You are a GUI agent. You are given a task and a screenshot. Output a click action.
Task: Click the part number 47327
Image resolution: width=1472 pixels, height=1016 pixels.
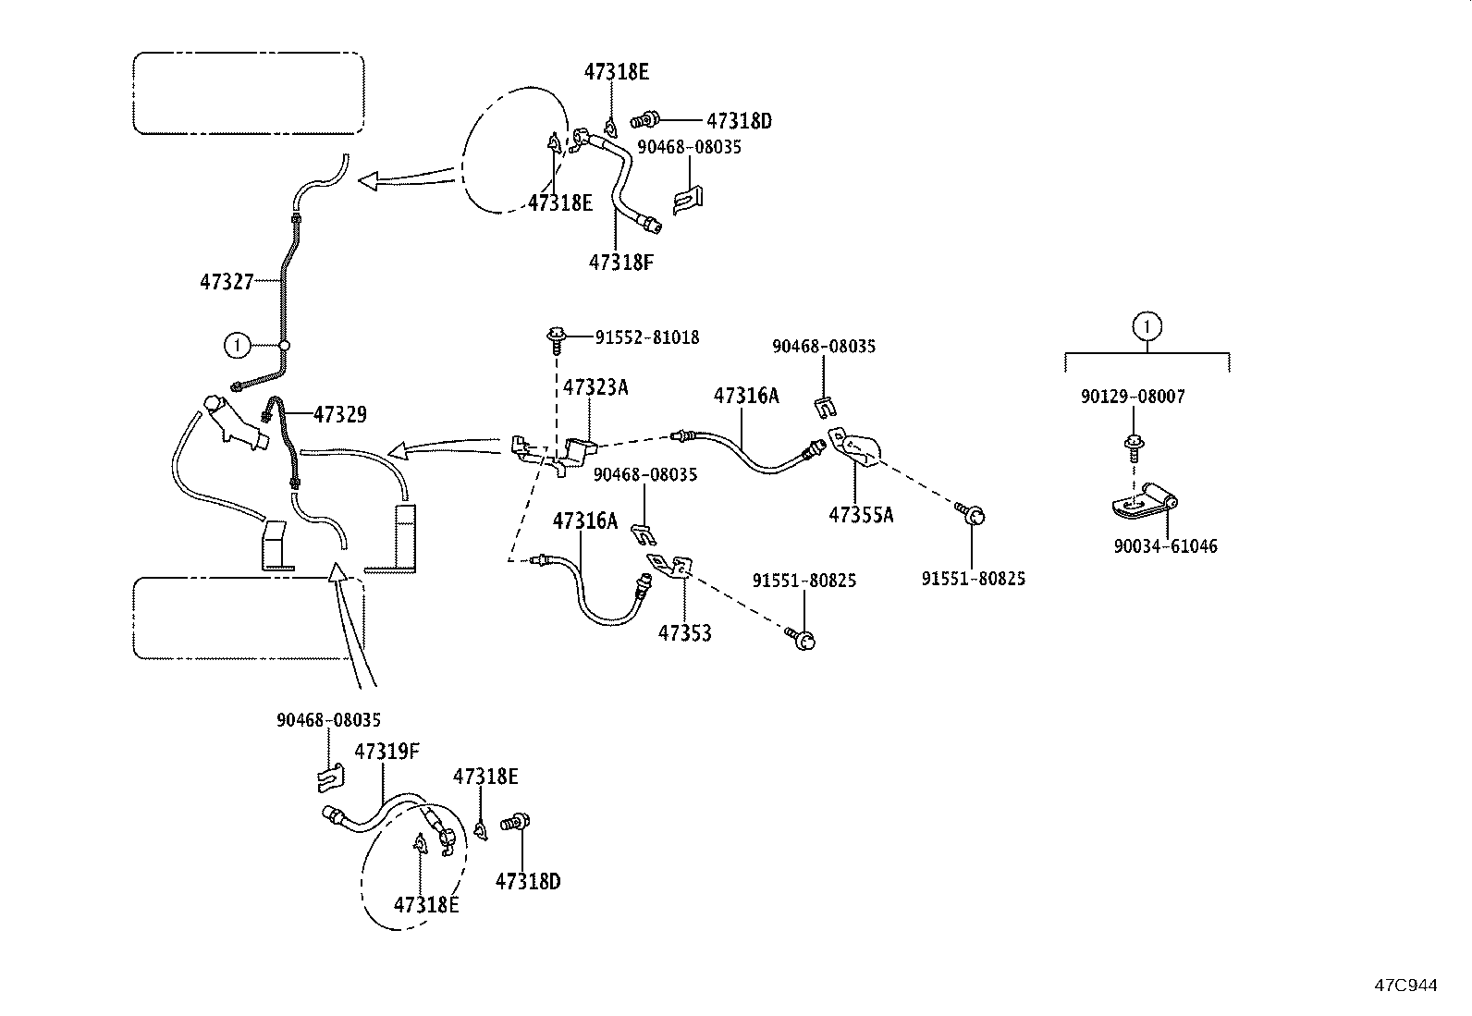pyautogui.click(x=227, y=282)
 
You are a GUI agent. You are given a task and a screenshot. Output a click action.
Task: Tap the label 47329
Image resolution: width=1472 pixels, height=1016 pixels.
pyautogui.click(x=339, y=415)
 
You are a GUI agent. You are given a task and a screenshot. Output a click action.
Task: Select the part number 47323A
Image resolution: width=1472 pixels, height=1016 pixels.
pyautogui.click(x=595, y=387)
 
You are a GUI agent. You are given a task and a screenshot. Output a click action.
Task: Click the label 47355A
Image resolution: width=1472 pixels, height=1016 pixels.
pyautogui.click(x=861, y=515)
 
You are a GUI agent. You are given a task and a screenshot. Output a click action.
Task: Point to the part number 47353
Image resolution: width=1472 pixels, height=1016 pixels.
pyautogui.click(x=684, y=633)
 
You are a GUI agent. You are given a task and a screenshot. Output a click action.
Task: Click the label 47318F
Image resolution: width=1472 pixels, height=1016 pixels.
pyautogui.click(x=620, y=262)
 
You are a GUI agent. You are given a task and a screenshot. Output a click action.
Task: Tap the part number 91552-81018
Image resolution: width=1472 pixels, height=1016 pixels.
pyautogui.click(x=646, y=337)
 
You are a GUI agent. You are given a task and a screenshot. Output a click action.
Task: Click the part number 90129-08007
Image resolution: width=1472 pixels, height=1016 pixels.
pyautogui.click(x=1132, y=397)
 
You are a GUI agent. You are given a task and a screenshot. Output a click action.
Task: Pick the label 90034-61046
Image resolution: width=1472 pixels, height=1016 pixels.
pyautogui.click(x=1165, y=546)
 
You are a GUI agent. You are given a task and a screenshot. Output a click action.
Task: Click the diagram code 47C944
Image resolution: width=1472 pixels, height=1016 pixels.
pyautogui.click(x=1405, y=985)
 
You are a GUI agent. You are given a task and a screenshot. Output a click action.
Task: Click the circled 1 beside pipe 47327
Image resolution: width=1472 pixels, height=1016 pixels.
pyautogui.click(x=237, y=346)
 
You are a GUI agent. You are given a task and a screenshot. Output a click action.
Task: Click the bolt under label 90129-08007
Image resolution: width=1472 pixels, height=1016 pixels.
pyautogui.click(x=1133, y=446)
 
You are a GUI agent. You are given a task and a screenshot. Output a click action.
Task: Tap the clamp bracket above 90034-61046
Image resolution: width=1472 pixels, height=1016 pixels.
pyautogui.click(x=1145, y=502)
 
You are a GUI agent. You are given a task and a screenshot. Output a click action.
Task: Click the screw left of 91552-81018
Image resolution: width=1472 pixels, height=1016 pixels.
pyautogui.click(x=557, y=339)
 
